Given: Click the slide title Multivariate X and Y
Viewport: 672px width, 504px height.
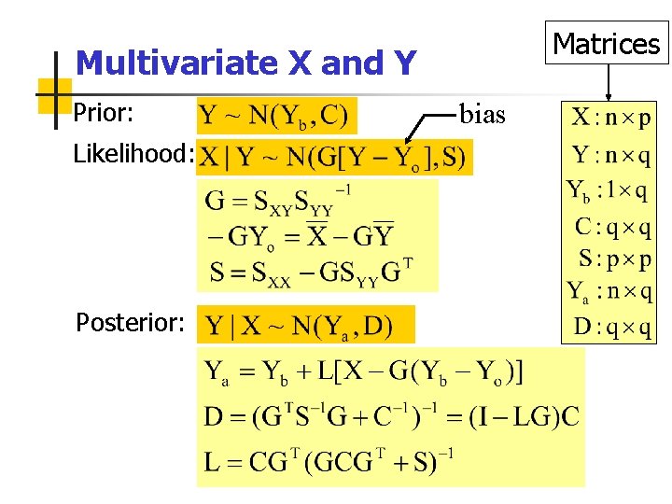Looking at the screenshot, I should coord(245,63).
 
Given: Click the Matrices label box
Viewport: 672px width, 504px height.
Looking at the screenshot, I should coord(606,44).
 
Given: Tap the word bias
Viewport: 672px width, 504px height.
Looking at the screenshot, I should coord(482,115).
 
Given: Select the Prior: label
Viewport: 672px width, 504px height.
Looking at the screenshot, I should coord(105,114).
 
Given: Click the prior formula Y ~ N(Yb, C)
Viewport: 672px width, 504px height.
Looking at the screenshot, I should coord(276,117).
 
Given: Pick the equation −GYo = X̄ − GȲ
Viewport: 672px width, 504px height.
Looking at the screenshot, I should coord(300,235).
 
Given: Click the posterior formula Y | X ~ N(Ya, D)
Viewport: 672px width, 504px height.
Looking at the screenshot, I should coord(300,326).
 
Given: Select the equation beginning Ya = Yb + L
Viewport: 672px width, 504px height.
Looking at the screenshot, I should coord(364,372).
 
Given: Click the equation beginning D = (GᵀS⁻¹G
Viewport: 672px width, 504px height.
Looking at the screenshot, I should coord(391,415).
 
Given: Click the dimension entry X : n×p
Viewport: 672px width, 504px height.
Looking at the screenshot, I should coord(611,119).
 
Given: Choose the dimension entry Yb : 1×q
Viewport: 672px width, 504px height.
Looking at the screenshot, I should coord(609,191).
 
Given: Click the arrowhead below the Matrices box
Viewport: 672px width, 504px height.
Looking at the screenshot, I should coord(609,95).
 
